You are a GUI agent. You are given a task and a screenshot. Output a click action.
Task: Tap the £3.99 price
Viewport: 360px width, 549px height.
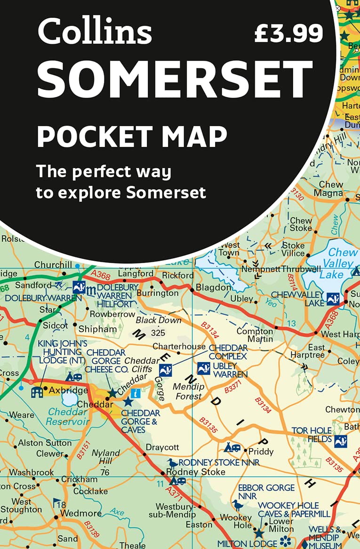pyautogui.click(x=288, y=33)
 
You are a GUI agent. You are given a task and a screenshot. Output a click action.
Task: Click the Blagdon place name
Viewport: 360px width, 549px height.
pyautogui.click(x=214, y=287)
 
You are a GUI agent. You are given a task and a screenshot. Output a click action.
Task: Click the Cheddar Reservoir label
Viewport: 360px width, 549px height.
pyautogui.click(x=69, y=417)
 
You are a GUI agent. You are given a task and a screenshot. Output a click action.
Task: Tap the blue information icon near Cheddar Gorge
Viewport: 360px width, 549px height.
pyautogui.click(x=136, y=393)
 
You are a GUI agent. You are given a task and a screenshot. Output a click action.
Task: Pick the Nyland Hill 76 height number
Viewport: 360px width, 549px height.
pyautogui.click(x=104, y=472)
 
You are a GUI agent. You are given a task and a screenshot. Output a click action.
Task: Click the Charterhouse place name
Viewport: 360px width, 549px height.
pyautogui.click(x=179, y=347)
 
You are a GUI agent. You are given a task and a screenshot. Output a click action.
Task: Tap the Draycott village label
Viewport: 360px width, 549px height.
pyautogui.click(x=162, y=447)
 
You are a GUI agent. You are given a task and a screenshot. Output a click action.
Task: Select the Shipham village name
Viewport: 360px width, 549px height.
pyautogui.click(x=97, y=329)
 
